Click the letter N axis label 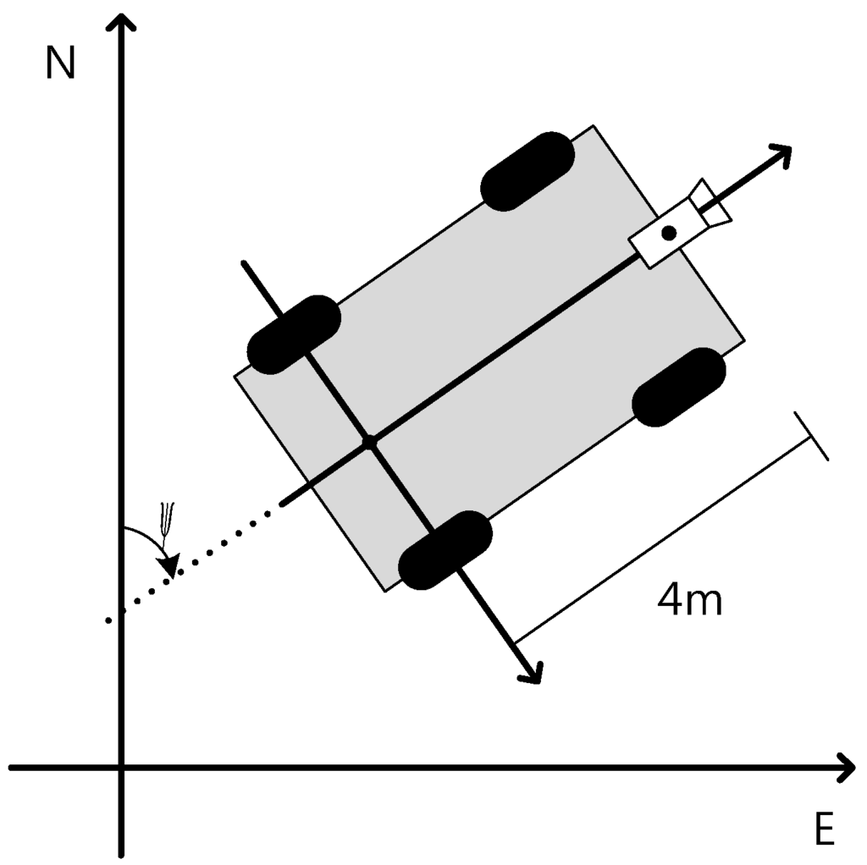click(x=60, y=63)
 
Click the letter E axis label click(x=825, y=829)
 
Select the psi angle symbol click(x=168, y=518)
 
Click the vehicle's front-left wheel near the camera click(x=527, y=171)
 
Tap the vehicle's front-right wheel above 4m click(x=679, y=387)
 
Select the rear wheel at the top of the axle click(x=294, y=334)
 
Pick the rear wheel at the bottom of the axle click(x=445, y=550)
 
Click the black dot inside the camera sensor click(x=669, y=233)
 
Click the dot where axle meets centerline click(x=368, y=442)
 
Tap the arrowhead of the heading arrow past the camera click(x=781, y=154)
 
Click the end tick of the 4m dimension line click(x=811, y=436)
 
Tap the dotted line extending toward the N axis click(x=195, y=563)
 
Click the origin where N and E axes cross click(x=124, y=768)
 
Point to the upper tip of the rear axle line click(x=244, y=263)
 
